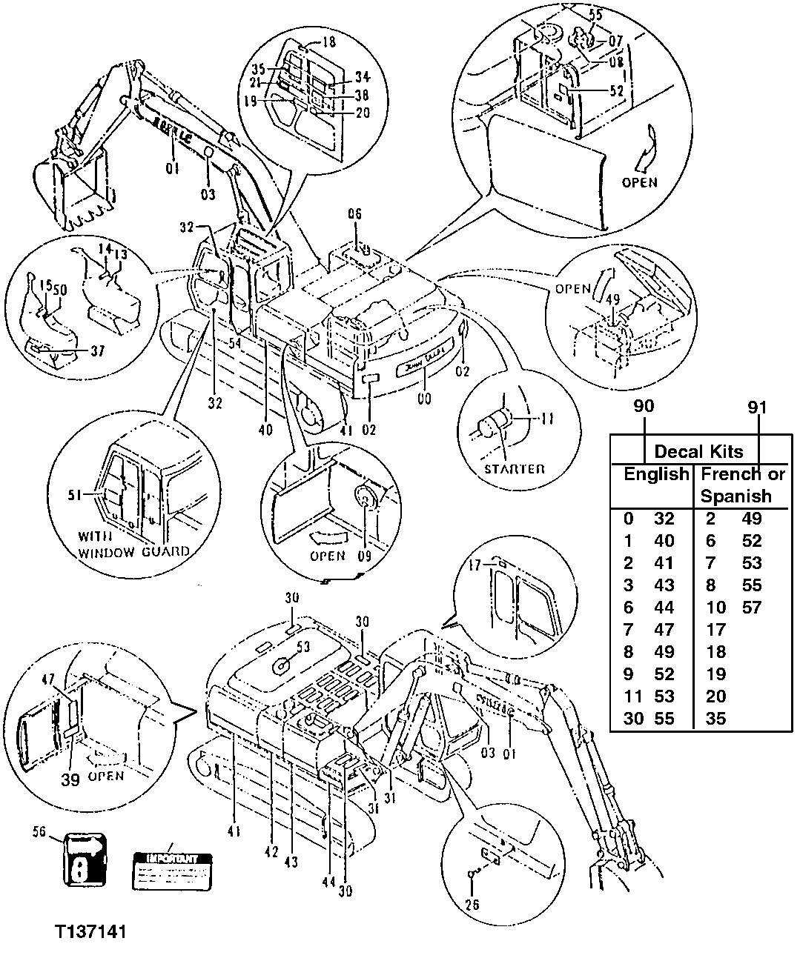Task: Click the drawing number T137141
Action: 88,930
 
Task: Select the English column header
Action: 655,474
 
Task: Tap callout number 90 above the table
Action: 644,407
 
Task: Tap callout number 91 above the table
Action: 757,407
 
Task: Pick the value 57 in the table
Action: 752,608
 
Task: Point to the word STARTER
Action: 514,469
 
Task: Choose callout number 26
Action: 472,904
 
